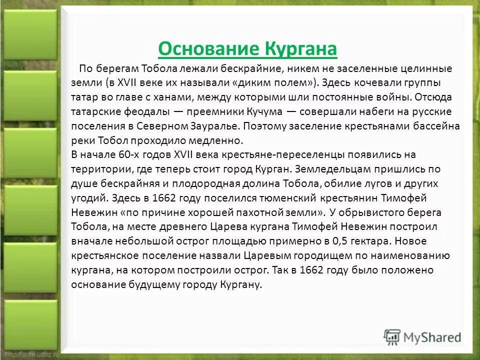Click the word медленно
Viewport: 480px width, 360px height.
click(219, 140)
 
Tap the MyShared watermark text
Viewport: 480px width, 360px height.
click(433, 336)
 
